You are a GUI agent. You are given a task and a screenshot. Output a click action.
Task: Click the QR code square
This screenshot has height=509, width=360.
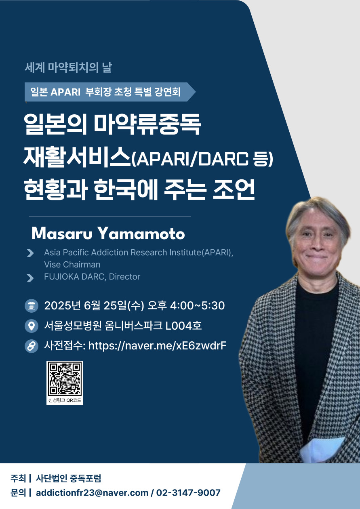click(65, 379)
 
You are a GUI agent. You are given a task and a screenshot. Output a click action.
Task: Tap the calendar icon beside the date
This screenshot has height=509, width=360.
click(32, 306)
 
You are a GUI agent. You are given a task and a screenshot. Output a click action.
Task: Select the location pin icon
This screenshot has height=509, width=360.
click(32, 326)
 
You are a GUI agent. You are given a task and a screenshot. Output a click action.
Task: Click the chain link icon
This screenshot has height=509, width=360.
click(32, 346)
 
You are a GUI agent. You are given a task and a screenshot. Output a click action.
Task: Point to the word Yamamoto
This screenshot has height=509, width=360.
click(141, 233)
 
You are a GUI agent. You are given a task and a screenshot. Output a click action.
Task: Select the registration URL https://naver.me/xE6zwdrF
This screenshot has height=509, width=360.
click(157, 346)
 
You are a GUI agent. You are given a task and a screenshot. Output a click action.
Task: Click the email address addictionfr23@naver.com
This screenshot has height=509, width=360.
click(92, 493)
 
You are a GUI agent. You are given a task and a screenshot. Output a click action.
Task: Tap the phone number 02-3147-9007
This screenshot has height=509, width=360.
click(188, 493)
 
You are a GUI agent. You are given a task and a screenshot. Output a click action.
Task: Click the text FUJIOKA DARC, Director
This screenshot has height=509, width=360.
click(92, 277)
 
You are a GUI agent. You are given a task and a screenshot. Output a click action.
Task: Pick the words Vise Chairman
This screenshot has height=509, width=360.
click(72, 265)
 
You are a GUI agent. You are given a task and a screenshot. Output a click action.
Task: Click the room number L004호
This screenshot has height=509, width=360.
click(183, 326)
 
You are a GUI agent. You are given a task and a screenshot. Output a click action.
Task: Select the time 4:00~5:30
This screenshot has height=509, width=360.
click(197, 306)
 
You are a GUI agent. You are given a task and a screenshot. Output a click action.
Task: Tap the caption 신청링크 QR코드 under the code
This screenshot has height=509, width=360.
click(65, 400)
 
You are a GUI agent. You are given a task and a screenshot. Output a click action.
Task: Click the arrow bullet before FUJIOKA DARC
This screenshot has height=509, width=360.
click(30, 278)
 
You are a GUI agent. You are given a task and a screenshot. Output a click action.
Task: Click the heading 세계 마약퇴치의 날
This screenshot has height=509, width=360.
click(68, 67)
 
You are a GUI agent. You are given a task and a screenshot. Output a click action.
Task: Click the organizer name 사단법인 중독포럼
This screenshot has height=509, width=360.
click(68, 478)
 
